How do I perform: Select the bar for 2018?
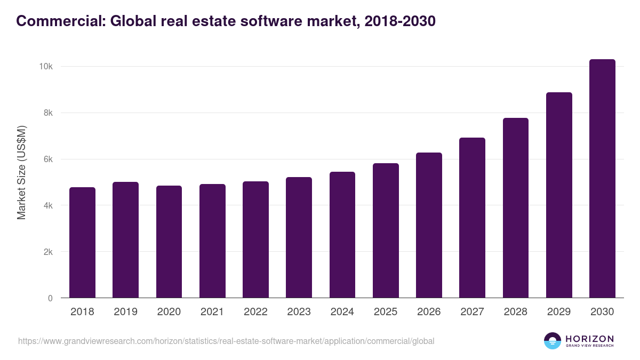[x=82, y=243]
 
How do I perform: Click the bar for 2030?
[x=602, y=179]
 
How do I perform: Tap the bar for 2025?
[x=386, y=230]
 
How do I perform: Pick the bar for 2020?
[x=169, y=242]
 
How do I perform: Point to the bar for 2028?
[x=516, y=208]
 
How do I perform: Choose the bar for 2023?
[x=299, y=237]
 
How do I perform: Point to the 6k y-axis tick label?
[x=47, y=159]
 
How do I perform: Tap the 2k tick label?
[x=47, y=252]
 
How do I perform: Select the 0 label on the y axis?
[x=50, y=298]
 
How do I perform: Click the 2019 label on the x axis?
[x=125, y=312]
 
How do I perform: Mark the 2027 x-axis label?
[x=472, y=312]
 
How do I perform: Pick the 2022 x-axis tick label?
[x=255, y=312]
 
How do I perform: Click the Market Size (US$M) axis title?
[x=21, y=172]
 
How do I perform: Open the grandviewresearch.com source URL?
[x=226, y=341]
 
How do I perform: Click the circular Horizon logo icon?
[x=553, y=341]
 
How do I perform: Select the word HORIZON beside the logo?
[x=589, y=338]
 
